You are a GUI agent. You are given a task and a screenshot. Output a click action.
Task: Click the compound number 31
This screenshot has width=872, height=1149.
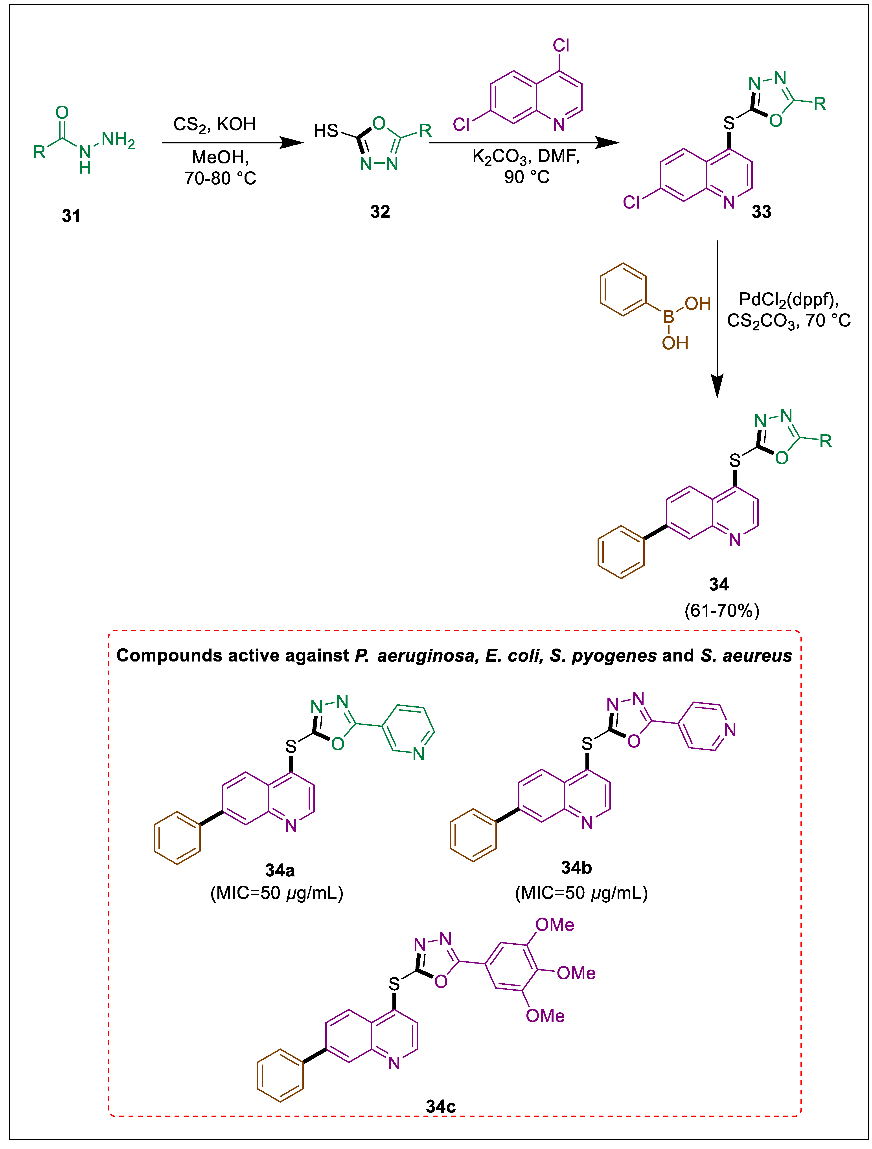pos(71,216)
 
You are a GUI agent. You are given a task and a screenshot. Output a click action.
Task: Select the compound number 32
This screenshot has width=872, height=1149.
pos(380,211)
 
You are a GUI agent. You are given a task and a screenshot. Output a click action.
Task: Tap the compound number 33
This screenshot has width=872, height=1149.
pos(761,211)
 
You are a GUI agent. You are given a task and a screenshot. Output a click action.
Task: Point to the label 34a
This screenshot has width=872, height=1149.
pos(280,870)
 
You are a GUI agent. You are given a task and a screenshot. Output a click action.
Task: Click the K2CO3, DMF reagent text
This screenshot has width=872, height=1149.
pos(525,156)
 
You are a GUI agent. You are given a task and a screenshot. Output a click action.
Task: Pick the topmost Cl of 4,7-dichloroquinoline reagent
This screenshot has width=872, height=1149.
pos(561,46)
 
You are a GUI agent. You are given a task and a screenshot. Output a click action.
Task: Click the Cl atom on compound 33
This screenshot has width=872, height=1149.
pos(631,202)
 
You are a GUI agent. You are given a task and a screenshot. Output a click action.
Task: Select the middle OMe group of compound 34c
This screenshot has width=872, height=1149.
pos(576,973)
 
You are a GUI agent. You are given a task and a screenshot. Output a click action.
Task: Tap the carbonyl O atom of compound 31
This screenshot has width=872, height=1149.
pos(62,112)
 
